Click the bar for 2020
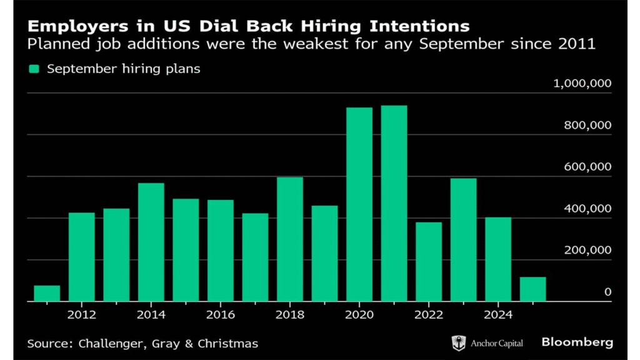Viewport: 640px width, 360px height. [359, 204]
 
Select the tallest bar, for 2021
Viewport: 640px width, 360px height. [394, 203]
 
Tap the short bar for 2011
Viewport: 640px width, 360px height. [47, 293]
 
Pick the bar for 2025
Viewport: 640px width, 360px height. [532, 289]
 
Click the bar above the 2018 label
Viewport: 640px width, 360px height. [290, 239]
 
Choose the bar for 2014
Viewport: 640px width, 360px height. [151, 242]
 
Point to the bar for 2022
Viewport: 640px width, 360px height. [429, 261]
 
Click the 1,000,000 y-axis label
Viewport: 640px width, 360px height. [582, 84]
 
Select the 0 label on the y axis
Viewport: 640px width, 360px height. [607, 292]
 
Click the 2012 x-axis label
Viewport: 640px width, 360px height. [82, 314]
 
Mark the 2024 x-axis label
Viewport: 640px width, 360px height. [498, 314]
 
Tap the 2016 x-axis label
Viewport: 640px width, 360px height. [221, 314]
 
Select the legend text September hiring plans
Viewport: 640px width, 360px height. [124, 69]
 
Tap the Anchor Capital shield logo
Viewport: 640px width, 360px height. [459, 342]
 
